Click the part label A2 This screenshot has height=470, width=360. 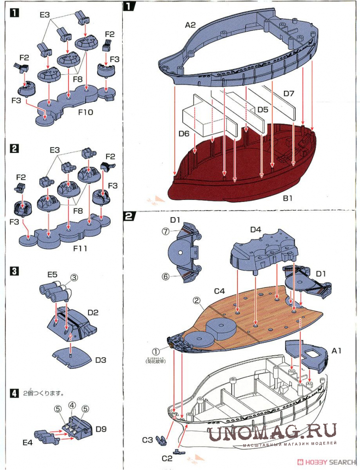(191, 25)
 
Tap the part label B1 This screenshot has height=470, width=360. (289, 199)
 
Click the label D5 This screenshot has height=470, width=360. (262, 110)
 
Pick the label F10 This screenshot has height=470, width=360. (85, 112)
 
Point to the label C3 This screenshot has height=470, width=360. (147, 440)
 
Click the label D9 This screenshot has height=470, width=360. (101, 429)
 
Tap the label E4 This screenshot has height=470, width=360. (28, 442)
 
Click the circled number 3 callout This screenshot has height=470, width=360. (74, 277)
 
